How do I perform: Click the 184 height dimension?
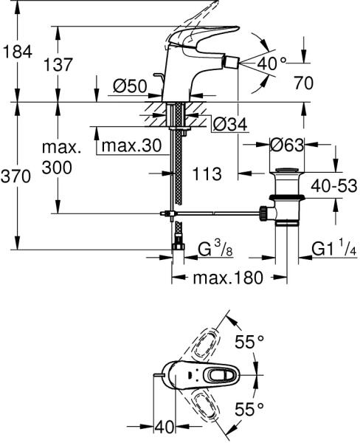(18, 52)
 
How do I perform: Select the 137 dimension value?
(58, 64)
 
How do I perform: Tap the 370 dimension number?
(15, 176)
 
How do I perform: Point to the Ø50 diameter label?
(130, 86)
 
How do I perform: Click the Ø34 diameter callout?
(230, 124)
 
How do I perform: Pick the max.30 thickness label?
(131, 145)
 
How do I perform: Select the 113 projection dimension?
(207, 174)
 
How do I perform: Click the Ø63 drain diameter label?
(287, 145)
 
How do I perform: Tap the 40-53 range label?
(334, 186)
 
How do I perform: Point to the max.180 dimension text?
(228, 278)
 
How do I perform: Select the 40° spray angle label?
(271, 63)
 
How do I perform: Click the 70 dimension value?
(303, 83)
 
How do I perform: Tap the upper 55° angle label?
(249, 342)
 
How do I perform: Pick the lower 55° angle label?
(249, 408)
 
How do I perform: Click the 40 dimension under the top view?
(165, 427)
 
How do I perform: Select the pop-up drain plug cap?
(287, 170)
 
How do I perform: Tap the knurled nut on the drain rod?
(263, 213)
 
